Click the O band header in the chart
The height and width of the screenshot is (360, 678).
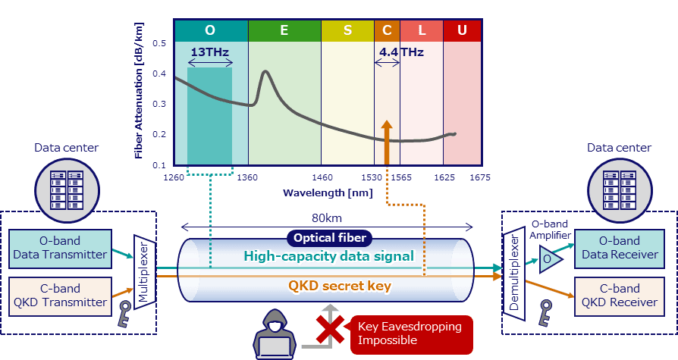[210, 30]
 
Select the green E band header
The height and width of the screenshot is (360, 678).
[284, 30]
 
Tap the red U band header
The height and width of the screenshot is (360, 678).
[462, 30]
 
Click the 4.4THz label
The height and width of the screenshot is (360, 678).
[401, 52]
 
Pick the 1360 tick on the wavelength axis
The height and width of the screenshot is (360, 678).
[248, 178]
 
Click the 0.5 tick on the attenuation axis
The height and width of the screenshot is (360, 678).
[159, 43]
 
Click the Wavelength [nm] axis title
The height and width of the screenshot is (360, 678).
[328, 193]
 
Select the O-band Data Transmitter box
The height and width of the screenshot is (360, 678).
[60, 248]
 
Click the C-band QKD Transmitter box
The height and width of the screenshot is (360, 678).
[60, 296]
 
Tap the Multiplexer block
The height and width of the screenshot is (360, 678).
[145, 272]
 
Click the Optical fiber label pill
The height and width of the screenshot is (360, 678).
[328, 238]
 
